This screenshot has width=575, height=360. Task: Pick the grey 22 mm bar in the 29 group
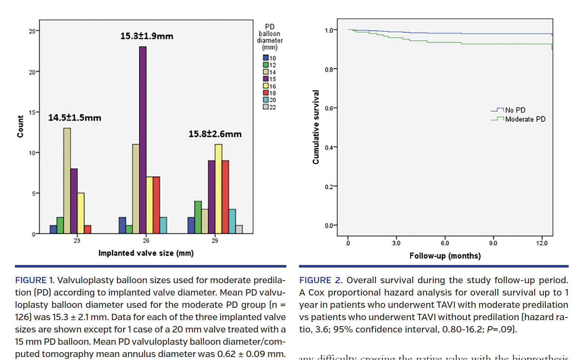(x=239, y=229)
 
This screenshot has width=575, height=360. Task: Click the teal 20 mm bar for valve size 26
(x=163, y=225)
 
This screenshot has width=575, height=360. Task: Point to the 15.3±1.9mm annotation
(x=147, y=36)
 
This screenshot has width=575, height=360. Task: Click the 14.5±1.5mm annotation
(x=75, y=118)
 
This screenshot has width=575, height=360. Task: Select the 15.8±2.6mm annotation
(x=215, y=134)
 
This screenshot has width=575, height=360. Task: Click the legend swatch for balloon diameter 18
(x=266, y=93)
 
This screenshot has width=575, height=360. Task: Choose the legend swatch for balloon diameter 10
(x=266, y=58)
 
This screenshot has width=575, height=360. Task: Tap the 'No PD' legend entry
(x=515, y=110)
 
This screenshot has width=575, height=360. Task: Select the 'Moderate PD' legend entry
(x=525, y=119)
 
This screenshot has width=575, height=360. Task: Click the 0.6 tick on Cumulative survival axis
(x=329, y=108)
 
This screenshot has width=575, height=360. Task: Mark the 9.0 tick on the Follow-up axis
(x=493, y=243)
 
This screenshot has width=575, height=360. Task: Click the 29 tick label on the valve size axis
(x=215, y=241)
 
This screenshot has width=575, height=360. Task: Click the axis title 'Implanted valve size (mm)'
(x=146, y=253)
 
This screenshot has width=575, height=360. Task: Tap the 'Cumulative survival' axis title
(x=316, y=127)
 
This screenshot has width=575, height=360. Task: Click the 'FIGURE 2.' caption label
(x=321, y=280)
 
